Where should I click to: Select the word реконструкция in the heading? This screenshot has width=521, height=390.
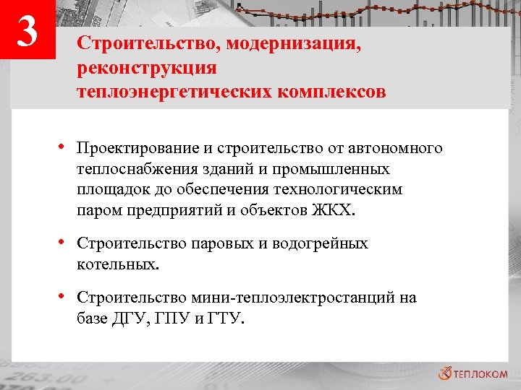pyautogui.click(x=149, y=69)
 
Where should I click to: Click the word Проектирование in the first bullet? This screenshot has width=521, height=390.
pyautogui.click(x=137, y=149)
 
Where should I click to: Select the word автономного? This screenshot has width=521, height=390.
pyautogui.click(x=395, y=149)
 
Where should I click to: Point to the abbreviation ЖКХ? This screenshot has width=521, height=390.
pyautogui.click(x=334, y=211)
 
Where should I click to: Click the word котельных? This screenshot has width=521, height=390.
pyautogui.click(x=117, y=264)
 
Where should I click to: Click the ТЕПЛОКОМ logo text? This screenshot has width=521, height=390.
pyautogui.click(x=483, y=373)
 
